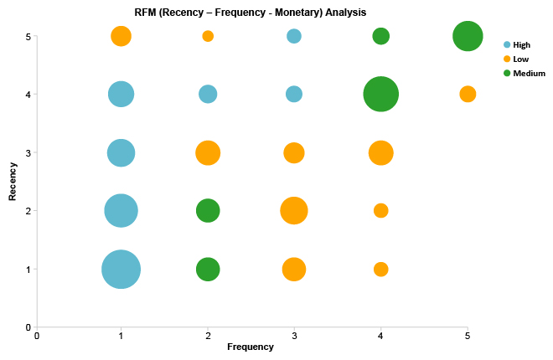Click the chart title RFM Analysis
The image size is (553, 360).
point(250,13)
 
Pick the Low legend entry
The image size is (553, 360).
point(520,59)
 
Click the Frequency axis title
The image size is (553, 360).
point(251,347)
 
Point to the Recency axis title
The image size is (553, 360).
point(13,182)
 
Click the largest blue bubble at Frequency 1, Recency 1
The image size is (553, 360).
point(121,270)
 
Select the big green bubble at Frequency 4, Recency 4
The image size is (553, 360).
point(380,94)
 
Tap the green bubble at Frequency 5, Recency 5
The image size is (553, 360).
point(468,36)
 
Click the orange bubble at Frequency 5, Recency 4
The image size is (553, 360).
point(468,94)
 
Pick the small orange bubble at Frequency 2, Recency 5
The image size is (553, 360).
point(208,36)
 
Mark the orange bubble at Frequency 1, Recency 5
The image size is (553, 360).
point(121,36)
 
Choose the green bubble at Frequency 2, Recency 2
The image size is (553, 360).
point(208,211)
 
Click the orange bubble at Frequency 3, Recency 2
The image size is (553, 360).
point(293,211)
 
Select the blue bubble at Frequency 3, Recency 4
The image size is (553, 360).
point(294,94)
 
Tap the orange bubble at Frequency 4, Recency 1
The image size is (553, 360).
point(380,270)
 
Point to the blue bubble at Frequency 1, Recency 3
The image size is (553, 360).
point(121,152)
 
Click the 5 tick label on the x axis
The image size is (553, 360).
point(468,336)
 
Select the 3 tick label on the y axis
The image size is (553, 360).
point(28,152)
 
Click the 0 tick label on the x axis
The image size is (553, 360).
point(37,336)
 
